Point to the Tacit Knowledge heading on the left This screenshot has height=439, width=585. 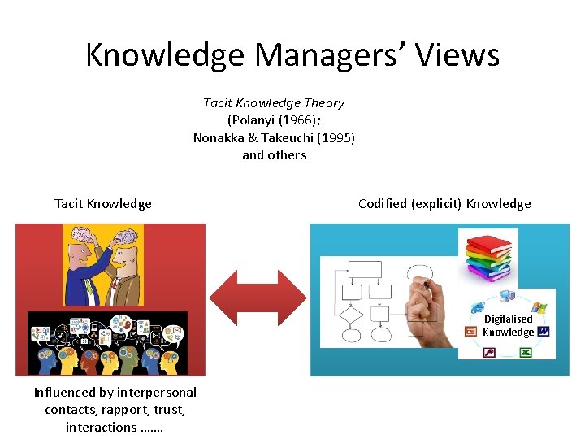(x=103, y=203)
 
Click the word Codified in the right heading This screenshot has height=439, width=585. (x=385, y=203)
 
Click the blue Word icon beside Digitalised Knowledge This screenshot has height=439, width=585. (x=543, y=331)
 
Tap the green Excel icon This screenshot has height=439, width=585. (x=525, y=352)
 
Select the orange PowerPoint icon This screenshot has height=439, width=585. (x=470, y=331)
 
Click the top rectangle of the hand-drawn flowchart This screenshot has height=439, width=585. (x=363, y=270)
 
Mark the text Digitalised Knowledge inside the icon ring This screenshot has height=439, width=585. (x=508, y=325)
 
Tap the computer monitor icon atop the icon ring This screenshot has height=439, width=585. (x=507, y=297)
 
